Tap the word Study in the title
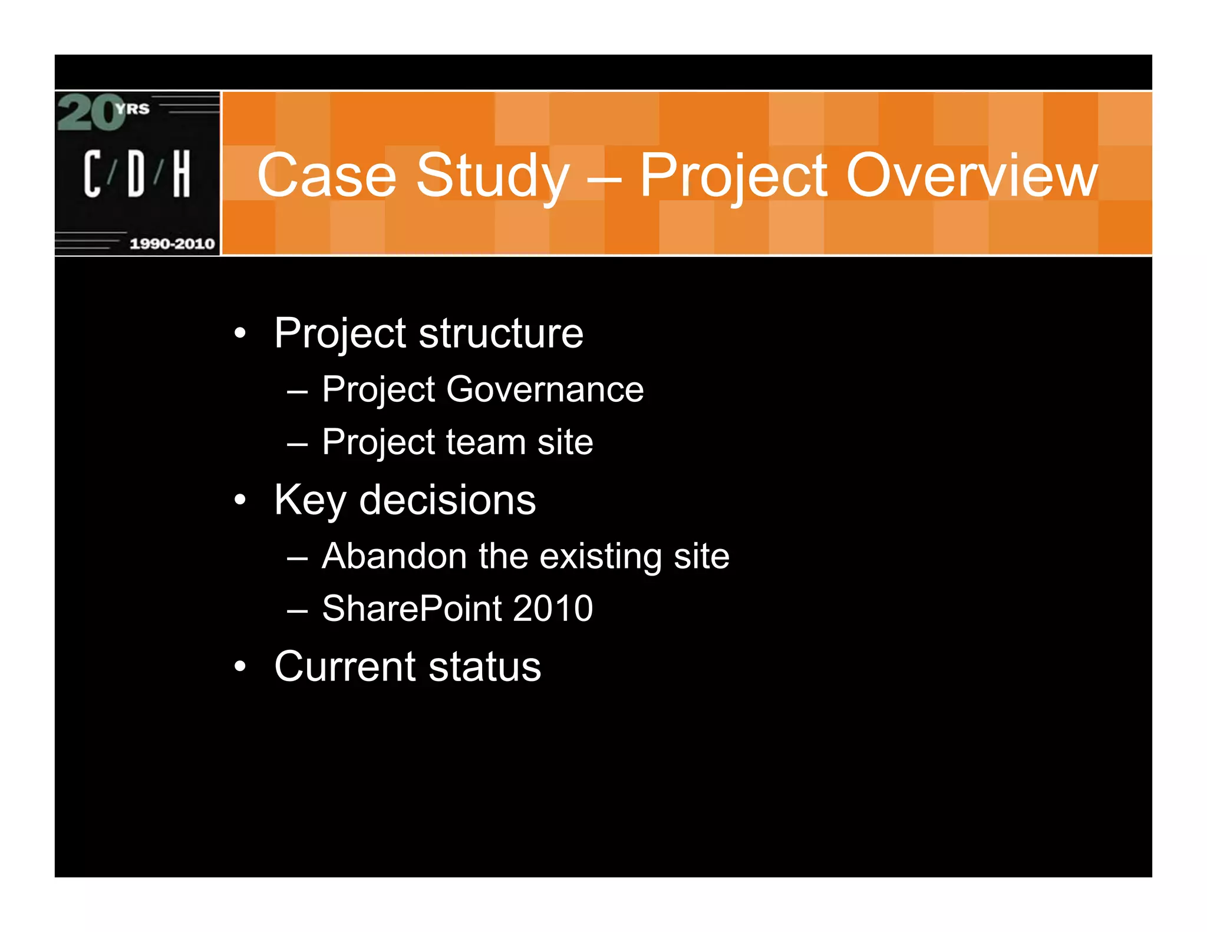(493, 176)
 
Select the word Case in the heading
(327, 175)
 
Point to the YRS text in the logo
(133, 109)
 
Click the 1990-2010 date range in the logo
(172, 243)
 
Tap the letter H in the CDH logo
(182, 173)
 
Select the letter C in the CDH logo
(92, 173)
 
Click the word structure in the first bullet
(501, 333)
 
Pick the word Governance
(545, 389)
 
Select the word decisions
(447, 500)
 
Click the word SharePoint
(411, 609)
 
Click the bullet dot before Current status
(239, 667)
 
